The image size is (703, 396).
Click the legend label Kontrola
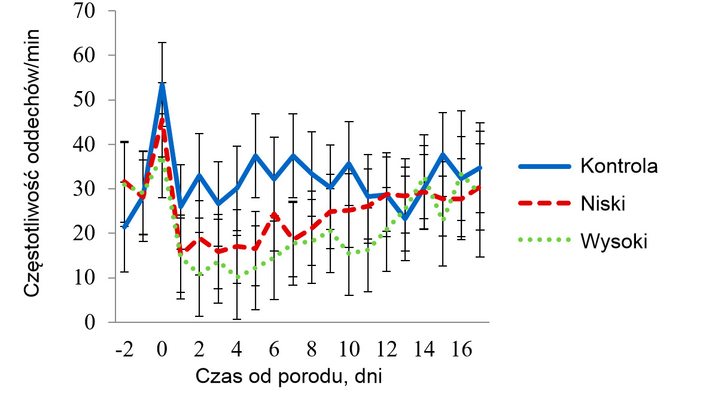coord(619,166)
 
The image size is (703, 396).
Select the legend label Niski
coord(602,204)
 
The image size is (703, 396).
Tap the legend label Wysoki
coord(614,241)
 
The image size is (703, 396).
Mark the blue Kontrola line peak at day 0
coord(162,83)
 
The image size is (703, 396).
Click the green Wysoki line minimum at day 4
coord(238,277)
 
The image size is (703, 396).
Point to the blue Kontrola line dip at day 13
coord(406,219)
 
